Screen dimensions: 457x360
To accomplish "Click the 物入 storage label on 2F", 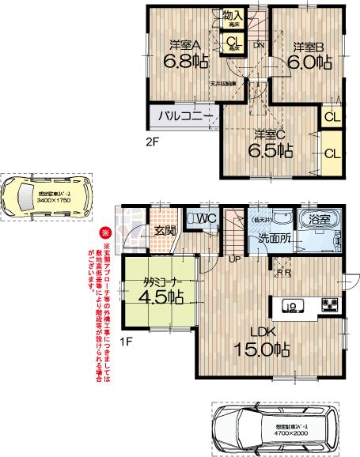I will [x=233, y=16].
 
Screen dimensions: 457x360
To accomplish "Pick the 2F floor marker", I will [x=152, y=142].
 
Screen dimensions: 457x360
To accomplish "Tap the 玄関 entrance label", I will [x=165, y=231].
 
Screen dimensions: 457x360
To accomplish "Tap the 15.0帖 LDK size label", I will [x=260, y=348].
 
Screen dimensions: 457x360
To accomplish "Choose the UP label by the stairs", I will [x=235, y=259].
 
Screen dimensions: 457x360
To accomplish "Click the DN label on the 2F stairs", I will [x=259, y=46].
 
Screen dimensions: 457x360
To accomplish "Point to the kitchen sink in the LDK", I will [x=290, y=306].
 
